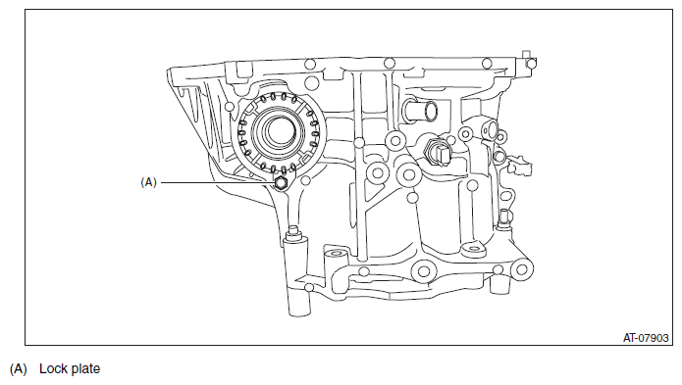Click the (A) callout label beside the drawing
coord(149,181)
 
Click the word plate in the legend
coord(84,369)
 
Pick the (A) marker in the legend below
coord(19,369)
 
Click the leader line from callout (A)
coord(216,181)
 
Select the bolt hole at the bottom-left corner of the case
coord(309,287)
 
